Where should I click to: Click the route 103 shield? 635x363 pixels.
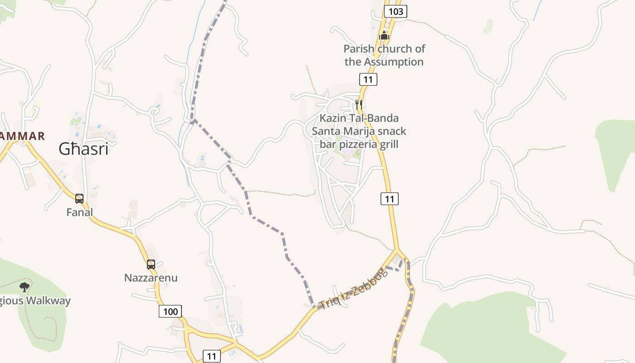point(396,11)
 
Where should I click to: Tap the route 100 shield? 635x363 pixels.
point(171,311)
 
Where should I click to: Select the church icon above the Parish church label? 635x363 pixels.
point(384,35)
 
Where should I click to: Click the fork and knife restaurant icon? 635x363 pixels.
point(358,104)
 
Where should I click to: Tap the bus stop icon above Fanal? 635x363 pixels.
point(79,198)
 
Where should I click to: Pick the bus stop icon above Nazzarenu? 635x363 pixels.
point(151,264)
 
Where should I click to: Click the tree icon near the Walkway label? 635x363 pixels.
point(24,287)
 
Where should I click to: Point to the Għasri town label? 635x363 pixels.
point(83,149)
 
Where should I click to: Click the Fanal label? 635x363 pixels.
point(79,212)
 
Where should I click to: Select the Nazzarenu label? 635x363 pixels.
point(151,278)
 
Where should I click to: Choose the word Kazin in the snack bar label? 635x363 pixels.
point(332,118)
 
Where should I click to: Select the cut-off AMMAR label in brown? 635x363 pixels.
point(22,136)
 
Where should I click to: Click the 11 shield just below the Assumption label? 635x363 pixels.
point(368,80)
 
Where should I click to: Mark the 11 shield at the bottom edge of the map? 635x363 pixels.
point(211,356)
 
